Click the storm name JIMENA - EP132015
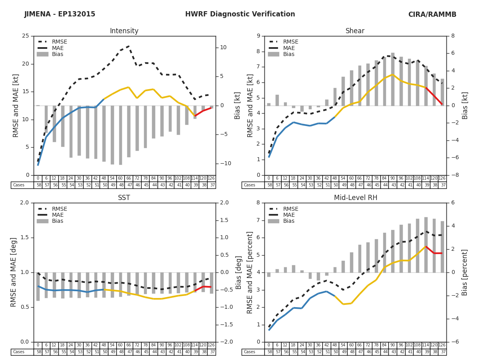[x=60, y=14]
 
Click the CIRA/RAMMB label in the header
[x=432, y=14]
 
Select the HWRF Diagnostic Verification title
[x=240, y=14]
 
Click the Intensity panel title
[x=124, y=31]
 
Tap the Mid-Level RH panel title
[x=356, y=198]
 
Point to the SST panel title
[x=124, y=198]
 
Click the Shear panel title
[x=355, y=31]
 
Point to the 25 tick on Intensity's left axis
[x=26, y=36]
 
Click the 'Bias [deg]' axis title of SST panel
[x=239, y=272]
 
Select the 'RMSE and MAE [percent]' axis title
[x=250, y=272]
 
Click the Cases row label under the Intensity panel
[x=18, y=185]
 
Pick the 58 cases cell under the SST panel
[x=38, y=352]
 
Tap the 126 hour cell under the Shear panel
[x=442, y=178]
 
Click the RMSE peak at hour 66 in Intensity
[x=128, y=46]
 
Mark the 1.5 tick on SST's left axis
[x=26, y=238]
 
